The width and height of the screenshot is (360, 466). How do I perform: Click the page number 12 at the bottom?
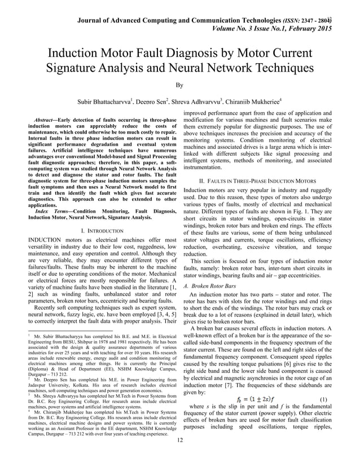[x=180, y=456]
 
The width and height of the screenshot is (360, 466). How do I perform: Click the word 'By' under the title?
[x=180, y=86]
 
